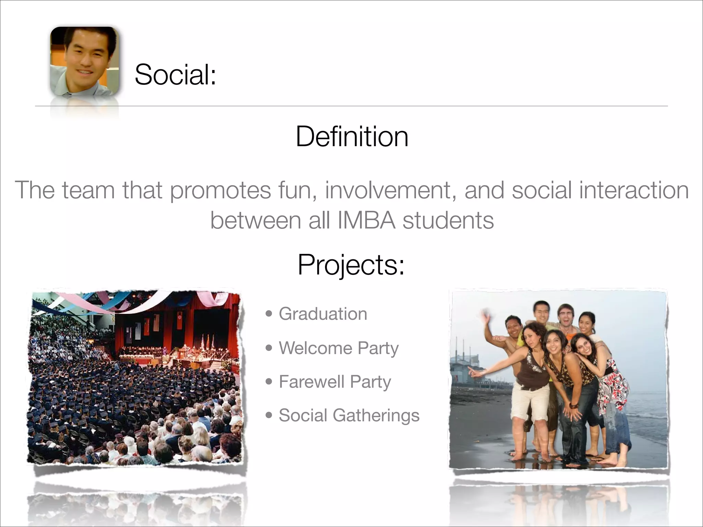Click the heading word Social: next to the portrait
click(175, 74)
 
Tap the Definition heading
click(352, 137)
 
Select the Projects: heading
click(351, 265)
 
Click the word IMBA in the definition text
click(366, 220)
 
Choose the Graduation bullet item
click(323, 314)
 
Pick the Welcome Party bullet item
click(338, 348)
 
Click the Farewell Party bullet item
click(335, 382)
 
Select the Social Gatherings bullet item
click(349, 415)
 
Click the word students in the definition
click(448, 220)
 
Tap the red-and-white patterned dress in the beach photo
click(614, 388)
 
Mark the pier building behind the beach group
click(463, 367)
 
